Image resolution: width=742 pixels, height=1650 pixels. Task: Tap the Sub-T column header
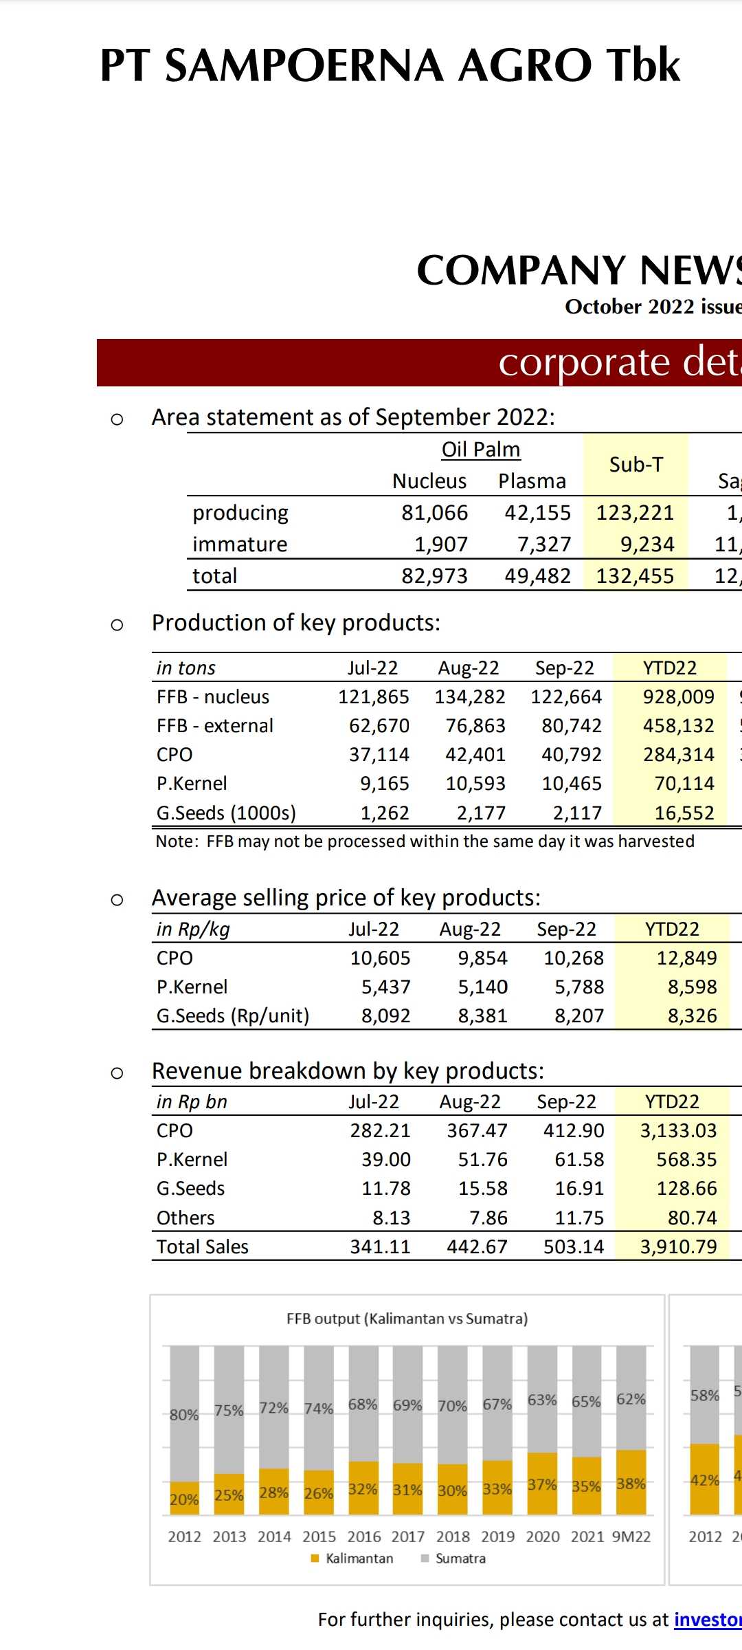tap(636, 465)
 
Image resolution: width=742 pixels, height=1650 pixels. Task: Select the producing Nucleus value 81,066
tap(434, 513)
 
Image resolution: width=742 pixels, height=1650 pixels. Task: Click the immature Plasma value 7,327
tap(544, 544)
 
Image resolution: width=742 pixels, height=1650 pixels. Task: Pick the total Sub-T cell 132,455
tap(635, 576)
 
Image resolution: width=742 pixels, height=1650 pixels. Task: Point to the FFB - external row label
tap(214, 726)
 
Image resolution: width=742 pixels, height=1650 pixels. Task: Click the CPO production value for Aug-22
tap(475, 755)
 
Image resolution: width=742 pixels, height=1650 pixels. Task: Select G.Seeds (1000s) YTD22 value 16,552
tap(684, 813)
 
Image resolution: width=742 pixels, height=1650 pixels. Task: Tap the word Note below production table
tap(177, 841)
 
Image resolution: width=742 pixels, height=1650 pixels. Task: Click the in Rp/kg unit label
tap(193, 929)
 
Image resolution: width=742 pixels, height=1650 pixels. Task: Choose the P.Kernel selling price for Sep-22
tap(579, 987)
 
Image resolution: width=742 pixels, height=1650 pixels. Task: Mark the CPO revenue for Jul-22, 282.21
tap(380, 1131)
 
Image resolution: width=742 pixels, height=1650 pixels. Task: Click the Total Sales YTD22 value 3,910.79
tap(678, 1247)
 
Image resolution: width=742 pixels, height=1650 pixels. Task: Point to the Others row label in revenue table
tap(185, 1218)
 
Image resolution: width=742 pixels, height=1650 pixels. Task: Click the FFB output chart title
tap(407, 1319)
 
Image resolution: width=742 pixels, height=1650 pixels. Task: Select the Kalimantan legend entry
tap(359, 1559)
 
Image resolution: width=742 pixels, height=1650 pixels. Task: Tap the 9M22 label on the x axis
tap(631, 1537)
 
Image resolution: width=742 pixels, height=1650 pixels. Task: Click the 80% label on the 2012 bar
tap(184, 1415)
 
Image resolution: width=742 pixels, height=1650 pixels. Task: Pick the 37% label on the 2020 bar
tap(542, 1485)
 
